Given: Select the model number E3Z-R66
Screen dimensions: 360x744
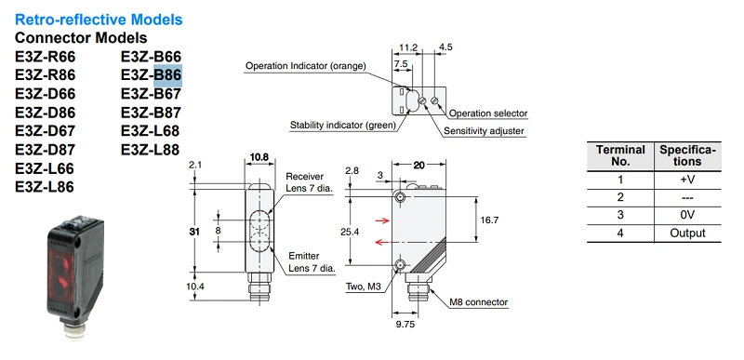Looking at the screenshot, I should tap(45, 57).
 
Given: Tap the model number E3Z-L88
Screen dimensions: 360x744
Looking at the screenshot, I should tap(150, 150).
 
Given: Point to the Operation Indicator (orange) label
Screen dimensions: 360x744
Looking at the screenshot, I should tap(306, 66).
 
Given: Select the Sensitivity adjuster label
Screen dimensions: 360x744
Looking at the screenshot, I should tap(484, 131).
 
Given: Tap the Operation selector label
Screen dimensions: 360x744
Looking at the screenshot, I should tap(487, 113).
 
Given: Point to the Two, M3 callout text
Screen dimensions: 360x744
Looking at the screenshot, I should tap(365, 287).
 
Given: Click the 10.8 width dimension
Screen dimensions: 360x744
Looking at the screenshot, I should tap(259, 157).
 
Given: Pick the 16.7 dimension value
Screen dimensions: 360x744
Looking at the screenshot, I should tap(490, 220).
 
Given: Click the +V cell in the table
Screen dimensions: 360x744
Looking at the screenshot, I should tap(687, 180).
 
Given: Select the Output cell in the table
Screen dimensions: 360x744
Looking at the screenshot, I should tap(687, 233).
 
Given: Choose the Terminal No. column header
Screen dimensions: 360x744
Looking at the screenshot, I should tap(620, 155).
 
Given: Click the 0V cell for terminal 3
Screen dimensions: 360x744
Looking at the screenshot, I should tap(687, 215).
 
